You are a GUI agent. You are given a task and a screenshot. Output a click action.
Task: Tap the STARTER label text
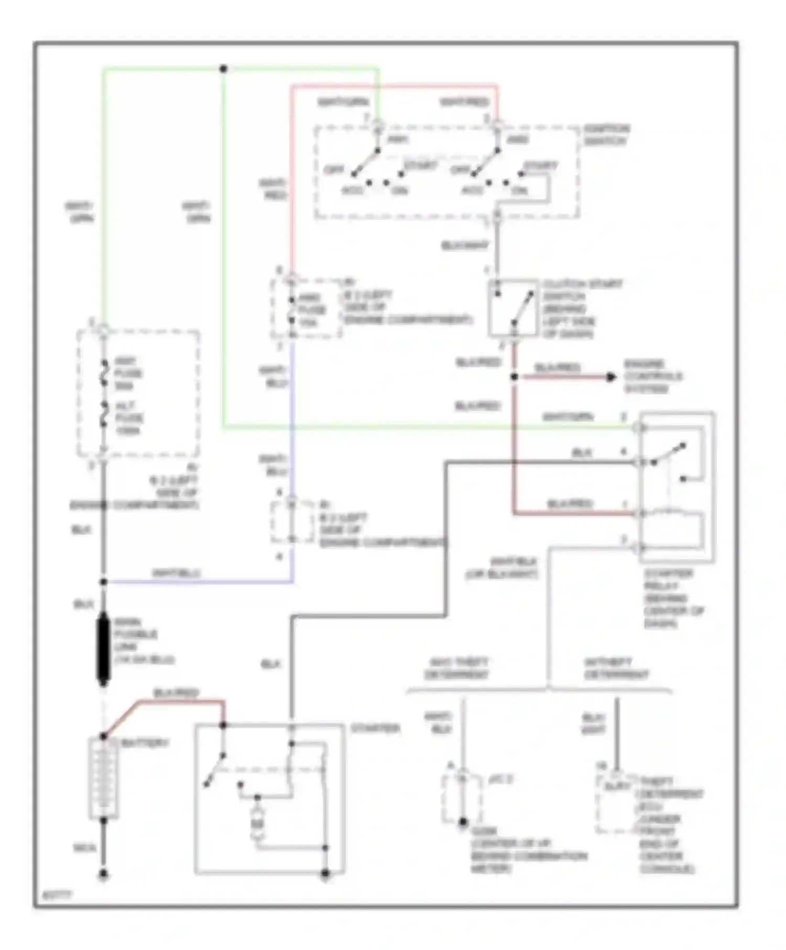click(x=375, y=728)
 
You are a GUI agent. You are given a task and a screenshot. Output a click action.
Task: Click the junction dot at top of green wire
click(x=223, y=69)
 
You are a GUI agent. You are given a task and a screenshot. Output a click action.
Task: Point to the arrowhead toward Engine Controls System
click(x=611, y=377)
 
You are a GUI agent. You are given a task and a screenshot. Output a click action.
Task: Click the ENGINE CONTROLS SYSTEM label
click(x=652, y=377)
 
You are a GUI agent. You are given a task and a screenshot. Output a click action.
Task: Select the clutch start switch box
click(x=513, y=308)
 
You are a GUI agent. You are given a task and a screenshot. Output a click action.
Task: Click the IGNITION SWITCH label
click(x=606, y=135)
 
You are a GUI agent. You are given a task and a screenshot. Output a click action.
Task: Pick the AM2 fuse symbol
click(x=292, y=310)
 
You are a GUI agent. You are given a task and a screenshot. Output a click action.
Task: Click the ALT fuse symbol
click(x=104, y=417)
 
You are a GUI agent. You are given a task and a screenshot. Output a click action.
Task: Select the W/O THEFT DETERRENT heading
click(x=456, y=668)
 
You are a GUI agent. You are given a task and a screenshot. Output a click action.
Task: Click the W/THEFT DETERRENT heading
click(x=616, y=668)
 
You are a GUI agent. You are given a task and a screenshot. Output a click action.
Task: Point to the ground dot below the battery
click(x=103, y=874)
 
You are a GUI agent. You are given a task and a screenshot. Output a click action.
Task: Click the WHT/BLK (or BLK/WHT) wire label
click(x=501, y=568)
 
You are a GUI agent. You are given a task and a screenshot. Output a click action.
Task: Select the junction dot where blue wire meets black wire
click(x=103, y=582)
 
